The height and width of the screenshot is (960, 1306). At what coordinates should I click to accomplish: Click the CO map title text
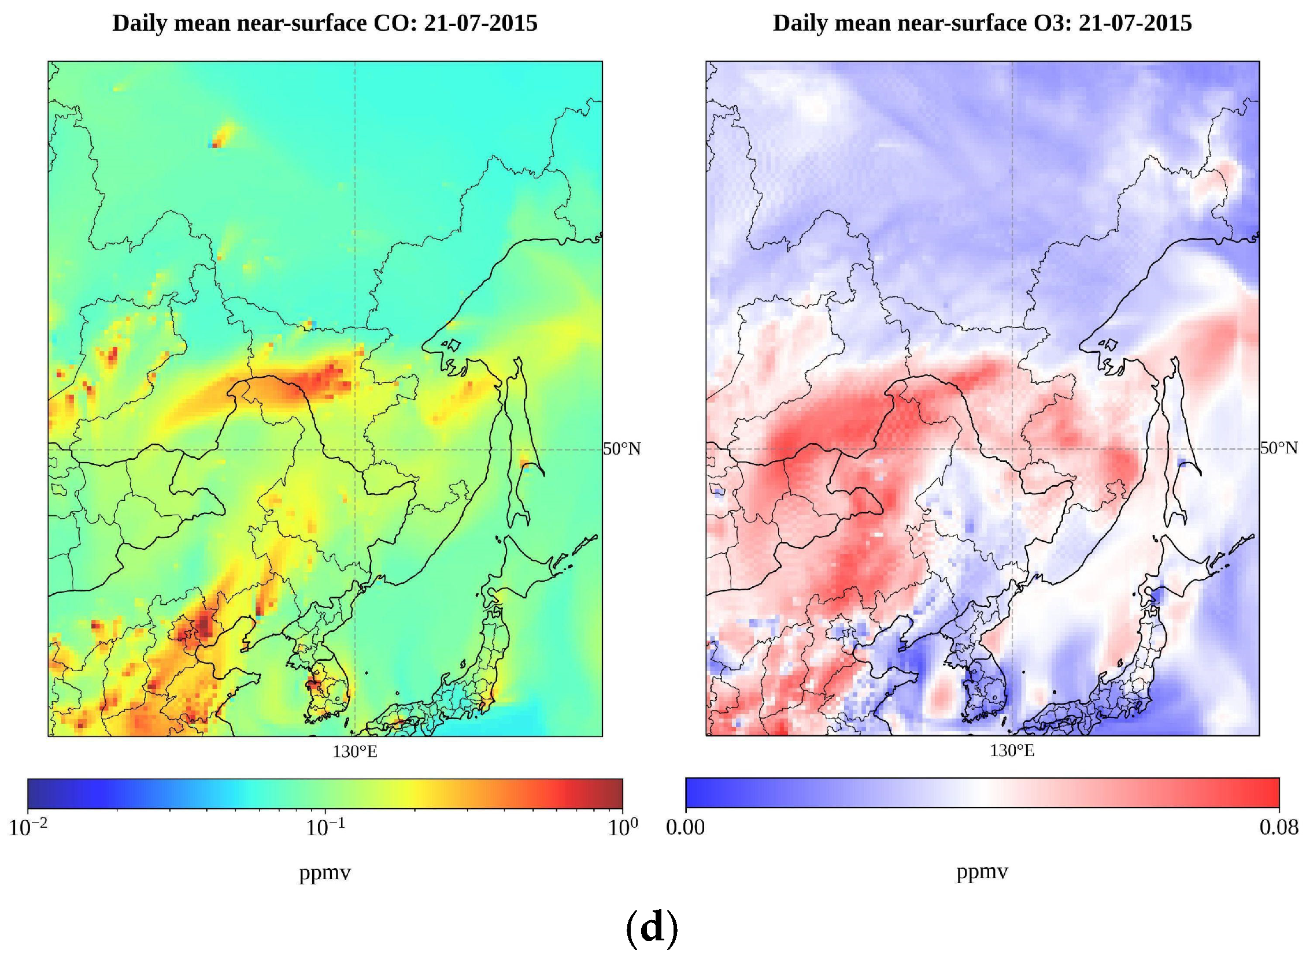(324, 24)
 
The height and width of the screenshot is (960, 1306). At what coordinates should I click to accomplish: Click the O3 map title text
(982, 24)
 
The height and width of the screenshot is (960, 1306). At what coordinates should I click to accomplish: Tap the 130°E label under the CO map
(355, 752)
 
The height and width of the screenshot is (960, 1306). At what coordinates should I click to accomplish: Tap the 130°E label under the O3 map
(1012, 751)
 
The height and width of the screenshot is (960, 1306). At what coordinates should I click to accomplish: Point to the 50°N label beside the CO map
(621, 449)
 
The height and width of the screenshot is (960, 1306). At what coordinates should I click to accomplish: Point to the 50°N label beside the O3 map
(1279, 448)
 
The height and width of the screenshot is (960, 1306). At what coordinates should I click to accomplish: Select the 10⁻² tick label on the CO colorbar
(28, 828)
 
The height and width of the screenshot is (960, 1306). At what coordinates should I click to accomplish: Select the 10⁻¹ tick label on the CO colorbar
(325, 828)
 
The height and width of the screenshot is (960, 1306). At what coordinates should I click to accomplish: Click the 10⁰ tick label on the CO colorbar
(622, 827)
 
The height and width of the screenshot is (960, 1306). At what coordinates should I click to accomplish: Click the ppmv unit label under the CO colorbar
(325, 873)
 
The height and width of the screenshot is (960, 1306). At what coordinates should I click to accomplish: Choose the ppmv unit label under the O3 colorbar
(982, 872)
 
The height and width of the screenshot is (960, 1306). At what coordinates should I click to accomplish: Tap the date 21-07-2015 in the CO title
(481, 24)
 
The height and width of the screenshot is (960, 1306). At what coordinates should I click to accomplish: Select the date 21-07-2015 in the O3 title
(1135, 24)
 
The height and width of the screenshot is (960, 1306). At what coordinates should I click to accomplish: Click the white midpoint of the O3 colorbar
(982, 793)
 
